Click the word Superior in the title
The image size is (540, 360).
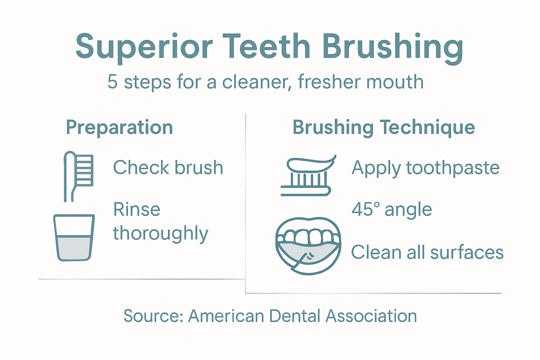pyautogui.click(x=144, y=46)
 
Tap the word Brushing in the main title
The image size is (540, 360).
pyautogui.click(x=392, y=47)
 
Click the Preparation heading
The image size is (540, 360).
pyautogui.click(x=120, y=127)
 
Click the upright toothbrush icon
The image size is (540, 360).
pyautogui.click(x=78, y=176)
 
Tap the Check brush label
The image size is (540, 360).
pyautogui.click(x=168, y=167)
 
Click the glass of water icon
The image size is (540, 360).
pyautogui.click(x=74, y=237)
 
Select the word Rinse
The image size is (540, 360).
pyautogui.click(x=137, y=210)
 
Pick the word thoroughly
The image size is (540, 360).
pyautogui.click(x=160, y=233)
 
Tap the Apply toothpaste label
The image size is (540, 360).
pyautogui.click(x=425, y=168)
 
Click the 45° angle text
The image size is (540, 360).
pyautogui.click(x=392, y=210)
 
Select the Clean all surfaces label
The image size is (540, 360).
pyautogui.click(x=427, y=252)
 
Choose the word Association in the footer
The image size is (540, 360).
pyautogui.click(x=371, y=316)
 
